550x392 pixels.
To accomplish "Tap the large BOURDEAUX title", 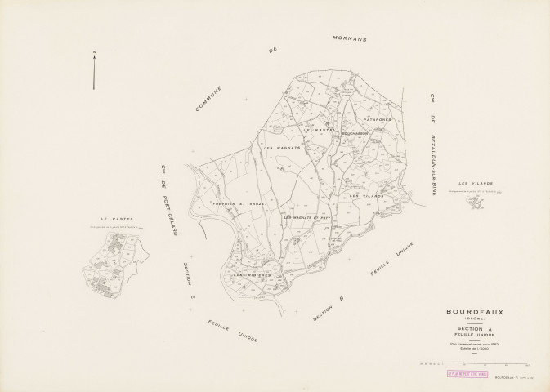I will point(476,310).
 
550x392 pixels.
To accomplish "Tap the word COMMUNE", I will point(209,96).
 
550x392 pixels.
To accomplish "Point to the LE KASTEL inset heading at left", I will point(116,219).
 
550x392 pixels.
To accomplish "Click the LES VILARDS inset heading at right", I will point(476,183).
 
